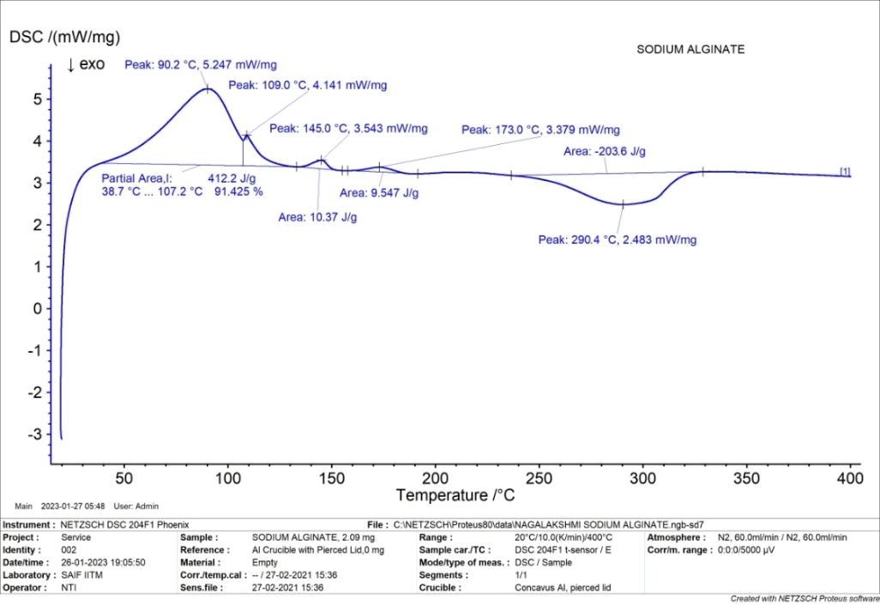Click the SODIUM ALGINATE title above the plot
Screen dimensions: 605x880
click(x=690, y=50)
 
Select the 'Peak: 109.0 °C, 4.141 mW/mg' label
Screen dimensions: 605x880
click(x=307, y=86)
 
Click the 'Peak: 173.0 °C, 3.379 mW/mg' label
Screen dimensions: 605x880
click(x=540, y=130)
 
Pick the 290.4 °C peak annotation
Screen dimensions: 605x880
click(x=617, y=240)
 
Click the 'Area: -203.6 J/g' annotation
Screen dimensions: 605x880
click(x=604, y=152)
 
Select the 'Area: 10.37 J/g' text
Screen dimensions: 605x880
click(x=317, y=217)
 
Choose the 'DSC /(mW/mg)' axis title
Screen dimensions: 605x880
click(x=64, y=38)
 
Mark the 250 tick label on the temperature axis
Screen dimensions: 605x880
click(x=539, y=477)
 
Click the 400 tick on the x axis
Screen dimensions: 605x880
click(x=850, y=477)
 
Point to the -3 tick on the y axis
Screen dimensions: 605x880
click(x=34, y=434)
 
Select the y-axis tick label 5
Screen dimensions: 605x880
click(x=37, y=99)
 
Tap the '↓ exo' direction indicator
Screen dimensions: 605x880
click(x=85, y=65)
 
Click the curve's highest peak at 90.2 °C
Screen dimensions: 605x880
click(x=207, y=88)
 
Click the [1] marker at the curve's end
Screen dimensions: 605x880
click(x=845, y=172)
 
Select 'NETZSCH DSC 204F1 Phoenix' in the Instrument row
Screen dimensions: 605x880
click(x=124, y=524)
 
